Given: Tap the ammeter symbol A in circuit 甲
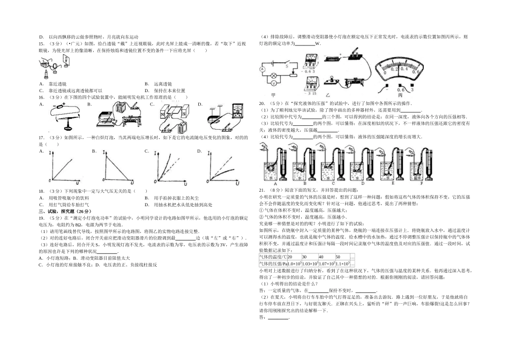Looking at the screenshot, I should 262,70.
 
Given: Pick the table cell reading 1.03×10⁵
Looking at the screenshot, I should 311,263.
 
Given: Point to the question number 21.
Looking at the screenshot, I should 261,190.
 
